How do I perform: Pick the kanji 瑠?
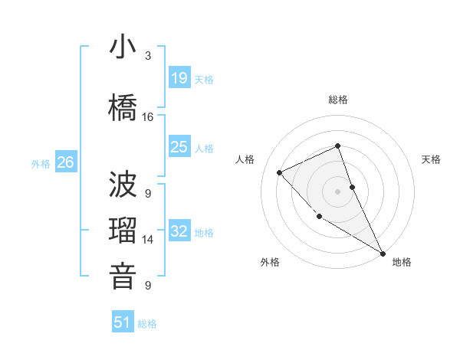point(123,231)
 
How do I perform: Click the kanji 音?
point(123,276)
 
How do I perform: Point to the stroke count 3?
point(148,56)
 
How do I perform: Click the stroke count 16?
point(148,117)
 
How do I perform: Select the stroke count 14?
point(148,240)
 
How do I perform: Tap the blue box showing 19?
point(179,77)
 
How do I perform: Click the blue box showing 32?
point(179,231)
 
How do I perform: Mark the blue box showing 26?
point(66,162)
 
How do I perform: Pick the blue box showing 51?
point(123,322)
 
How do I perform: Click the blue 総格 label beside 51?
point(147,324)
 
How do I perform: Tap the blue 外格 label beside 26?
point(41,163)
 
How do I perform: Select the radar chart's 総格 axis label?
point(338,100)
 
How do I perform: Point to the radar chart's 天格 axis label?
point(432,159)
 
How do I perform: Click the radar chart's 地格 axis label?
point(402,263)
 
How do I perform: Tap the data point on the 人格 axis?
point(280,172)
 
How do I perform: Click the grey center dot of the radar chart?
point(338,191)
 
